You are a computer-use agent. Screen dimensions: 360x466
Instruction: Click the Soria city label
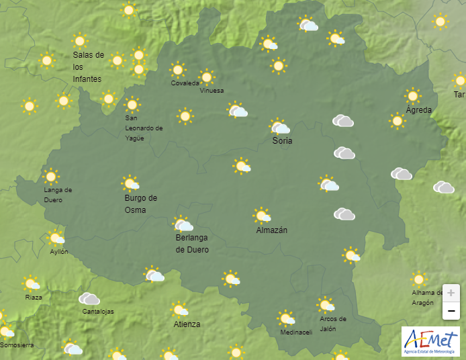point(282,141)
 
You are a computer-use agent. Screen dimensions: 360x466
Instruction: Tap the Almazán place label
point(271,230)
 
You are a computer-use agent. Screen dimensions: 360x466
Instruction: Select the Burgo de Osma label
point(140,204)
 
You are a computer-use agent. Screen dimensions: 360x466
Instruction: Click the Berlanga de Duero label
point(192,244)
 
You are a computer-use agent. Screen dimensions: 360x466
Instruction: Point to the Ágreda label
point(419,110)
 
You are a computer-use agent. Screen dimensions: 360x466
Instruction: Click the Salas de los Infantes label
point(88,67)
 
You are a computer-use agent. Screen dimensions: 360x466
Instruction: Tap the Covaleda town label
point(185,83)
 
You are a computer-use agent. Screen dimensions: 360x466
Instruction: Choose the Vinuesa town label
point(212,91)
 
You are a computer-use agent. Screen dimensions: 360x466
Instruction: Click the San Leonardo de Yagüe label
point(144,128)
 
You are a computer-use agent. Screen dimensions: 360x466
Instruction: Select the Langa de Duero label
point(58,195)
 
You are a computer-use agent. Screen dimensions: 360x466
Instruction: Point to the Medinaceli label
point(296,332)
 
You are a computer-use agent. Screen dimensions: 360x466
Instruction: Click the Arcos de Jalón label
point(333,323)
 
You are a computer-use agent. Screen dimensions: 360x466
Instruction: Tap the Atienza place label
point(187,324)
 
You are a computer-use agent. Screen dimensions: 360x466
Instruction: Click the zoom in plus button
point(451,294)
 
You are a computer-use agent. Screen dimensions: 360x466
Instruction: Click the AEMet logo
point(430,341)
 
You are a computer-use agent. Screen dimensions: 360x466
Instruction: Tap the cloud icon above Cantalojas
point(89,299)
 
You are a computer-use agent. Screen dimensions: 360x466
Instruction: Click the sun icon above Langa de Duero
point(51,177)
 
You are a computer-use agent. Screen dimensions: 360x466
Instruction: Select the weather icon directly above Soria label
point(279,126)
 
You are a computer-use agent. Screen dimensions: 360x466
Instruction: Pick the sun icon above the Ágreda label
point(412,95)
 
